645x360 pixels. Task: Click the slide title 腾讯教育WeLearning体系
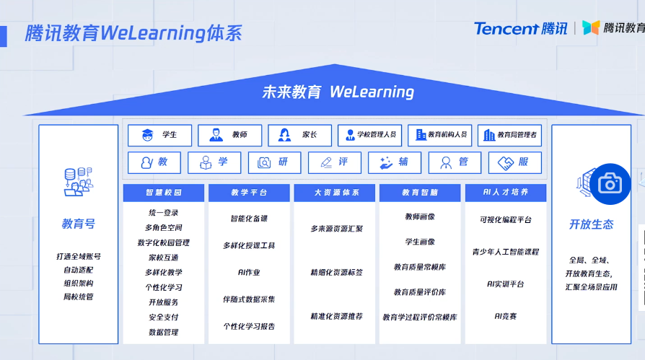pos(133,33)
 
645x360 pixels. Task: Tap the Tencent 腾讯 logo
pos(520,28)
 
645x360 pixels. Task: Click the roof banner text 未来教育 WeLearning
pos(338,92)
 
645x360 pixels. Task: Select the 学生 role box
pos(160,135)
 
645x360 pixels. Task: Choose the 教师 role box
pos(230,135)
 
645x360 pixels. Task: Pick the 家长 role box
pos(300,135)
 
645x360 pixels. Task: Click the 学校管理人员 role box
pos(369,135)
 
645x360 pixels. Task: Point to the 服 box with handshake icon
pos(514,162)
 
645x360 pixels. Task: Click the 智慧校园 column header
pos(163,193)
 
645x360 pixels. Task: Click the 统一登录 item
pos(164,213)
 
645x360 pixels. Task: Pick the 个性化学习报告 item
pos(249,326)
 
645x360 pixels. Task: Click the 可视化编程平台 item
pos(506,220)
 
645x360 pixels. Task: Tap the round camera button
pos(610,184)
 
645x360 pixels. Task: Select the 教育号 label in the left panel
pos(78,224)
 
